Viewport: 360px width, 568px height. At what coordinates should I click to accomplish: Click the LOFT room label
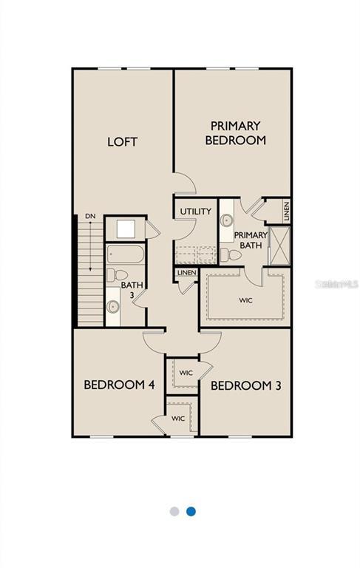pyautogui.click(x=122, y=141)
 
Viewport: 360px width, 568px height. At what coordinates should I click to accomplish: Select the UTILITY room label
pyautogui.click(x=195, y=212)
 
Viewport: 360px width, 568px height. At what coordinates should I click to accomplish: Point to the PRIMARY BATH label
pyautogui.click(x=251, y=241)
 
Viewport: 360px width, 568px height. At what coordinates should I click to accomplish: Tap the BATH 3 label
pyautogui.click(x=132, y=289)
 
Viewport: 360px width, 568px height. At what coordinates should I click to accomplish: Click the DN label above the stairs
pyautogui.click(x=90, y=216)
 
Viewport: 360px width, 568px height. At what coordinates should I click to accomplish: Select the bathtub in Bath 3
pyautogui.click(x=126, y=255)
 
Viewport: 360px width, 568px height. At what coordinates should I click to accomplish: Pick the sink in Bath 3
pyautogui.click(x=113, y=306)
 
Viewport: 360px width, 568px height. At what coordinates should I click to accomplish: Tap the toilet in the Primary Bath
pyautogui.click(x=231, y=255)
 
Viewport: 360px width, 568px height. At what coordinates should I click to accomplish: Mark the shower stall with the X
pyautogui.click(x=280, y=246)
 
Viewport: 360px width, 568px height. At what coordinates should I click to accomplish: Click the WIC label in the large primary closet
pyautogui.click(x=245, y=301)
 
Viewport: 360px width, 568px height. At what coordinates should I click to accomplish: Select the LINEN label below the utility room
pyautogui.click(x=186, y=273)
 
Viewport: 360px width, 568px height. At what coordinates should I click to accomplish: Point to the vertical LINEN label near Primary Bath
pyautogui.click(x=286, y=211)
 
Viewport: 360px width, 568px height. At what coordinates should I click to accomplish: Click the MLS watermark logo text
pyautogui.click(x=337, y=283)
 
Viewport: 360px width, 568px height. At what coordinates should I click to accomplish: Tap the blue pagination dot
pyautogui.click(x=191, y=511)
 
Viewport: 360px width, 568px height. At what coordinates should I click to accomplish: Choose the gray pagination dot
pyautogui.click(x=174, y=511)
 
